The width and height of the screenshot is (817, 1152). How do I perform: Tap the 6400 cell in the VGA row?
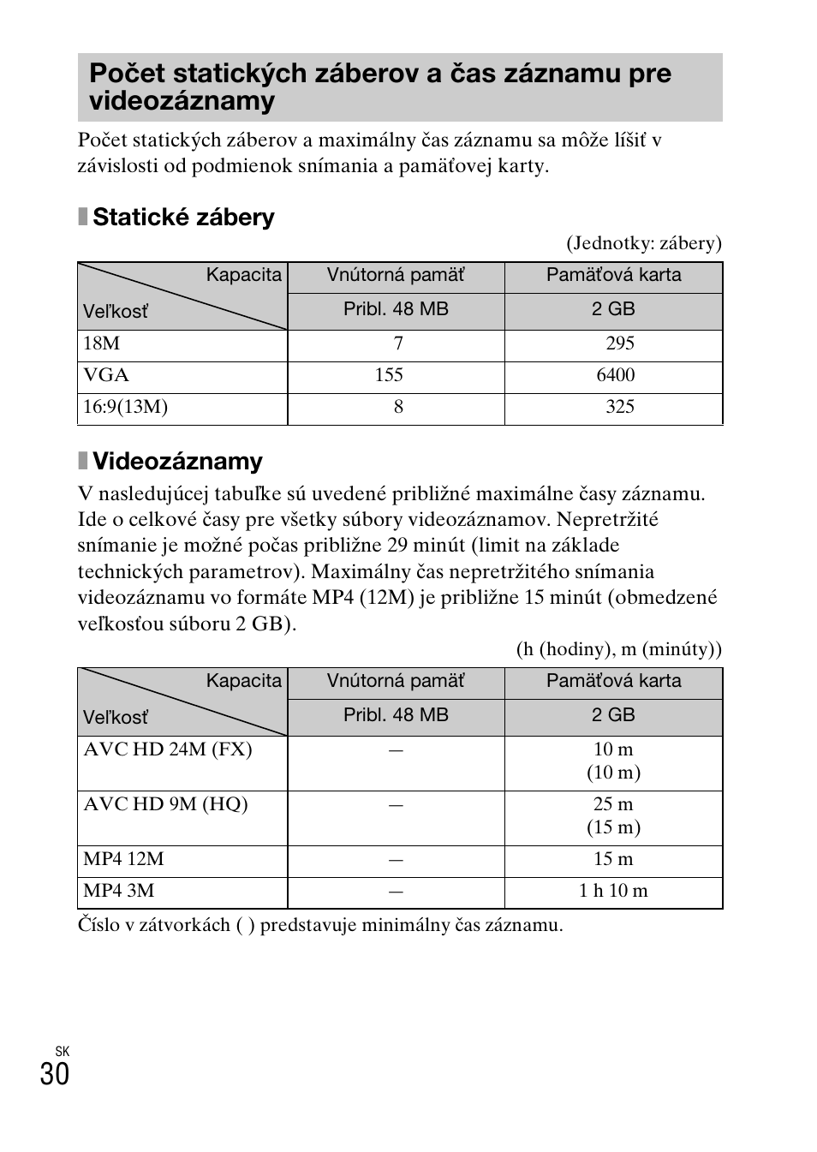615,375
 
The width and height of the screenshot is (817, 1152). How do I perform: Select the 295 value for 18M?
619,343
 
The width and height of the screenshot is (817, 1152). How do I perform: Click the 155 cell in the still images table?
389,375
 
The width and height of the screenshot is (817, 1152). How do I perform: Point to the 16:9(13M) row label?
125,407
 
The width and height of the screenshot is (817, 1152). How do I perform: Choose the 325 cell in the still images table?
619,407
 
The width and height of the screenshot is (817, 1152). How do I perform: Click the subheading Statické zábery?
182,218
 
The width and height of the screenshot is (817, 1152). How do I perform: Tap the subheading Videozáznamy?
177,462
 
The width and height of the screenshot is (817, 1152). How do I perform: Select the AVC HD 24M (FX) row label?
168,749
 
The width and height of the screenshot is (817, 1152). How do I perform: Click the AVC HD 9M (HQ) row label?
165,804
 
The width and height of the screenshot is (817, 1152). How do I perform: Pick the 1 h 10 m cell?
613,891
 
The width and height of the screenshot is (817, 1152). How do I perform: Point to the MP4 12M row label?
123,859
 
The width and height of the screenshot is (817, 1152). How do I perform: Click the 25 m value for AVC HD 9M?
613,804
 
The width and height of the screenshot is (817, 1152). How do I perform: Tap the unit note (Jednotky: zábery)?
643,243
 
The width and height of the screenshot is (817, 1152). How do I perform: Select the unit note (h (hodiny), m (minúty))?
618,649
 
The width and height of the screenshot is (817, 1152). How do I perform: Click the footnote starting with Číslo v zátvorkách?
320,925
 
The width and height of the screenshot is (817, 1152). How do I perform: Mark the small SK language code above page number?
62,1051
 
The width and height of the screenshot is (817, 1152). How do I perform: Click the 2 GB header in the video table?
613,715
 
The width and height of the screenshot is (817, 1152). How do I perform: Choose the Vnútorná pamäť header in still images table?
396,275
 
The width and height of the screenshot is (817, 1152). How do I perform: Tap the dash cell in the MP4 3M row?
396,892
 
